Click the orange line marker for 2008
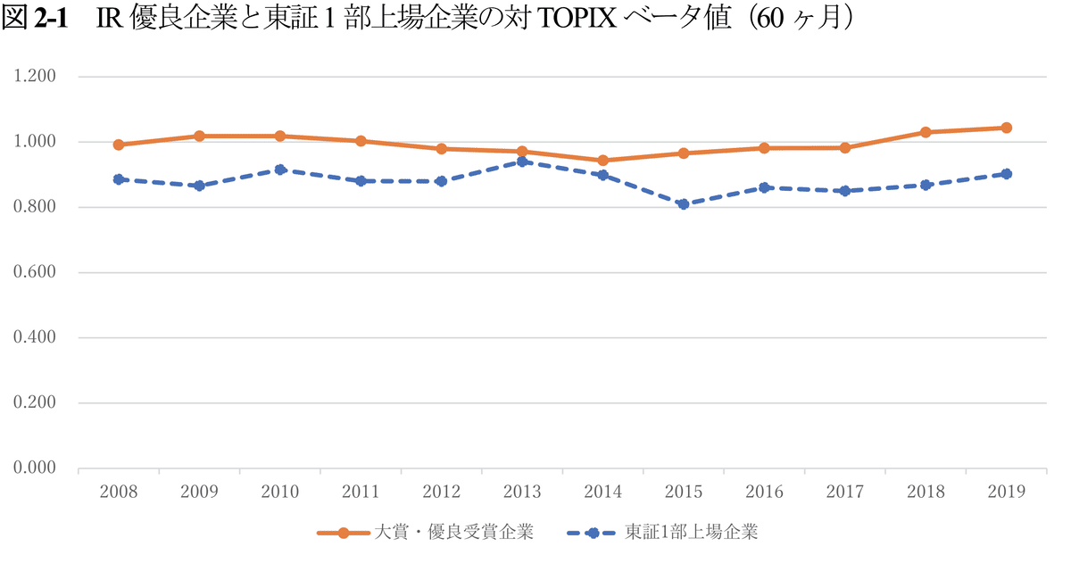119,145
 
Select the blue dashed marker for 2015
684,204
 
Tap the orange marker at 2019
1006,128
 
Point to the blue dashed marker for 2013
522,161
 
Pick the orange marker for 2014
602,161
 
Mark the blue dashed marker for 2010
280,170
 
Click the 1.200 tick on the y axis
35,77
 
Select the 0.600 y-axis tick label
35,272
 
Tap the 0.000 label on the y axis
35,468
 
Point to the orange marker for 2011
361,141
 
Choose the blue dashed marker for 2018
926,185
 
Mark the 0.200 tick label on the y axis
35,402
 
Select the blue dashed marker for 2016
764,187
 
